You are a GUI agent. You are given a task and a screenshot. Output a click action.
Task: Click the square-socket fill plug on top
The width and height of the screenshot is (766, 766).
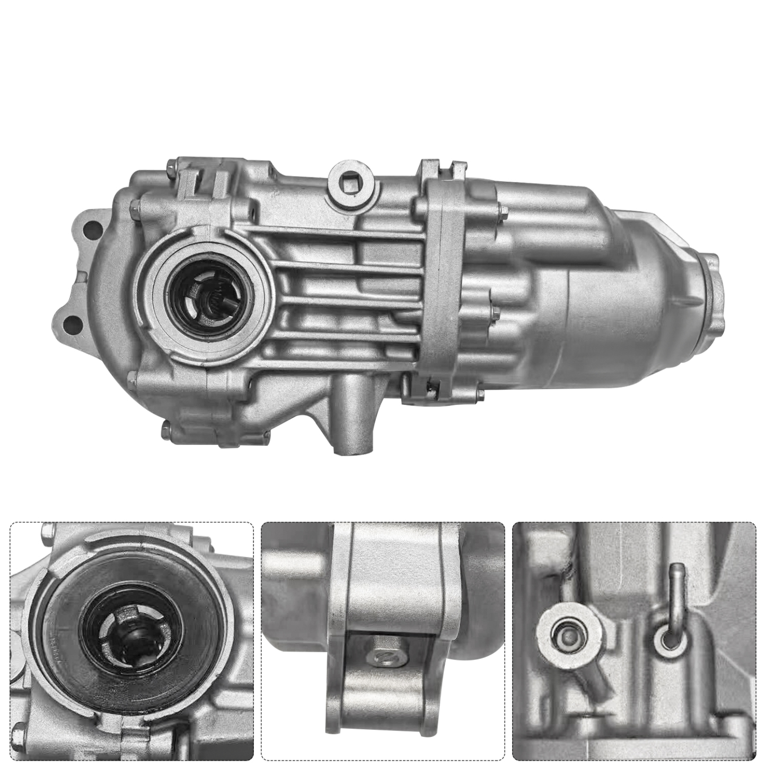[352, 185]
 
